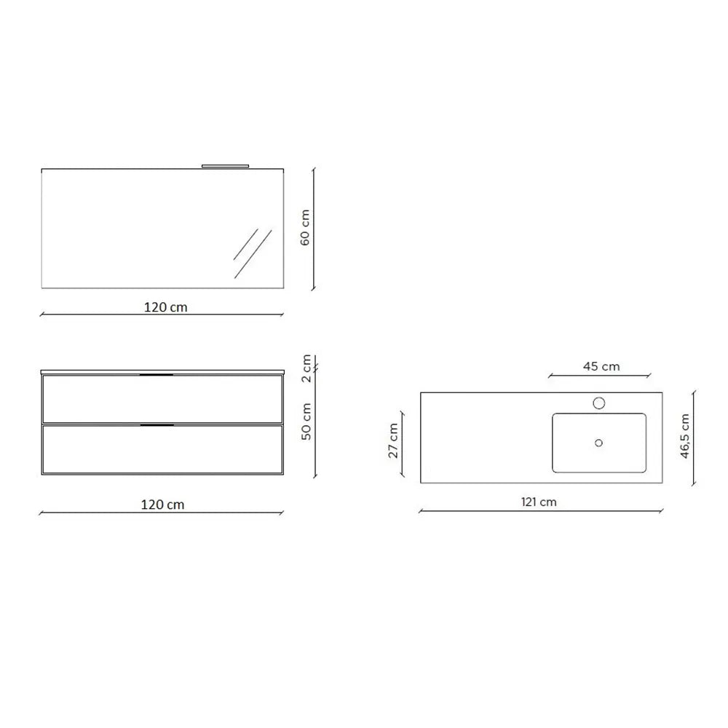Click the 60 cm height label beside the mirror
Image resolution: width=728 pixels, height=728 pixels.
pyautogui.click(x=305, y=227)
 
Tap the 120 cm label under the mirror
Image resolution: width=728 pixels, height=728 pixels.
pyautogui.click(x=166, y=307)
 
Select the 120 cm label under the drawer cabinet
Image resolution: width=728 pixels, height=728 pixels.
pyautogui.click(x=162, y=505)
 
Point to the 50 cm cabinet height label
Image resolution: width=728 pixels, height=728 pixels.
pyautogui.click(x=306, y=422)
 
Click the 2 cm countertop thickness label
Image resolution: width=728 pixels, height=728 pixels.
pyautogui.click(x=306, y=368)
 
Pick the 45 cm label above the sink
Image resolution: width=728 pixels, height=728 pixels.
pyautogui.click(x=601, y=367)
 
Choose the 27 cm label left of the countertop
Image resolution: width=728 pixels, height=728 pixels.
pyautogui.click(x=393, y=440)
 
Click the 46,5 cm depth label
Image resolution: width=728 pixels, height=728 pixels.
pyautogui.click(x=685, y=436)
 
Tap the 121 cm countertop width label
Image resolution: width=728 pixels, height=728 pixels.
pyautogui.click(x=539, y=502)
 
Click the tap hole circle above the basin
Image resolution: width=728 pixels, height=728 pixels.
pyautogui.click(x=599, y=403)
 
